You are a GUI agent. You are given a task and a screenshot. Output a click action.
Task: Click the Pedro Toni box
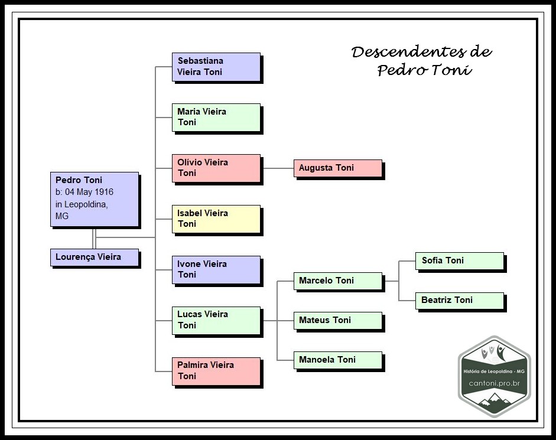tap(95, 199)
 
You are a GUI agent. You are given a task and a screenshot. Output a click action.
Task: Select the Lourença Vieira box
tap(95, 258)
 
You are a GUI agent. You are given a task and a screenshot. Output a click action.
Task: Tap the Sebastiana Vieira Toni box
tap(216, 67)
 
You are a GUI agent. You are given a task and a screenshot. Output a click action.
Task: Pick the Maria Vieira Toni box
tap(216, 118)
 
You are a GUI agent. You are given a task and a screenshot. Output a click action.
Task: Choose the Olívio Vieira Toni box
tap(216, 168)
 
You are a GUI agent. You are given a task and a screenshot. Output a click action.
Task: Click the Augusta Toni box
tap(337, 168)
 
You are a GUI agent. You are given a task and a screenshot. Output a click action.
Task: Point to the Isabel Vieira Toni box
tap(216, 219)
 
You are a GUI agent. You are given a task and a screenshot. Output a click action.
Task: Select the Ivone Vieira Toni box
tap(216, 270)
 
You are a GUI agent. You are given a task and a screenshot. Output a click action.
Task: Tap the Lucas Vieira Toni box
tap(216, 321)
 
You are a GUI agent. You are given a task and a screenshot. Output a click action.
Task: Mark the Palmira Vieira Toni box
tap(216, 371)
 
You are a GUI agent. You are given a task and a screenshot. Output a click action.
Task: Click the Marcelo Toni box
tap(337, 281)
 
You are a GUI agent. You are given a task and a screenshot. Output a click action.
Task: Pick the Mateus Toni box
tap(337, 321)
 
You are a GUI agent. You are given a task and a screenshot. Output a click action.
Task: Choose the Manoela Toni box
tap(337, 360)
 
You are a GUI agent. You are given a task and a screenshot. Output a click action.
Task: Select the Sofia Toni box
tap(459, 261)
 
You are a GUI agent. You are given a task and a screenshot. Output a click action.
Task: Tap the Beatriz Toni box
tap(459, 301)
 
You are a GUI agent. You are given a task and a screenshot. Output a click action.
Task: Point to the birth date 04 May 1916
tap(88, 192)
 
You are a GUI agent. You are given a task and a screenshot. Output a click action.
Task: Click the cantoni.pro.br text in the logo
tap(494, 383)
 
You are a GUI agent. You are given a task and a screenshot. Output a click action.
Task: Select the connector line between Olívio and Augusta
tap(277, 168)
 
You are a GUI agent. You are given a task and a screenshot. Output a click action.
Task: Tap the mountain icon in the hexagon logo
tap(495, 403)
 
